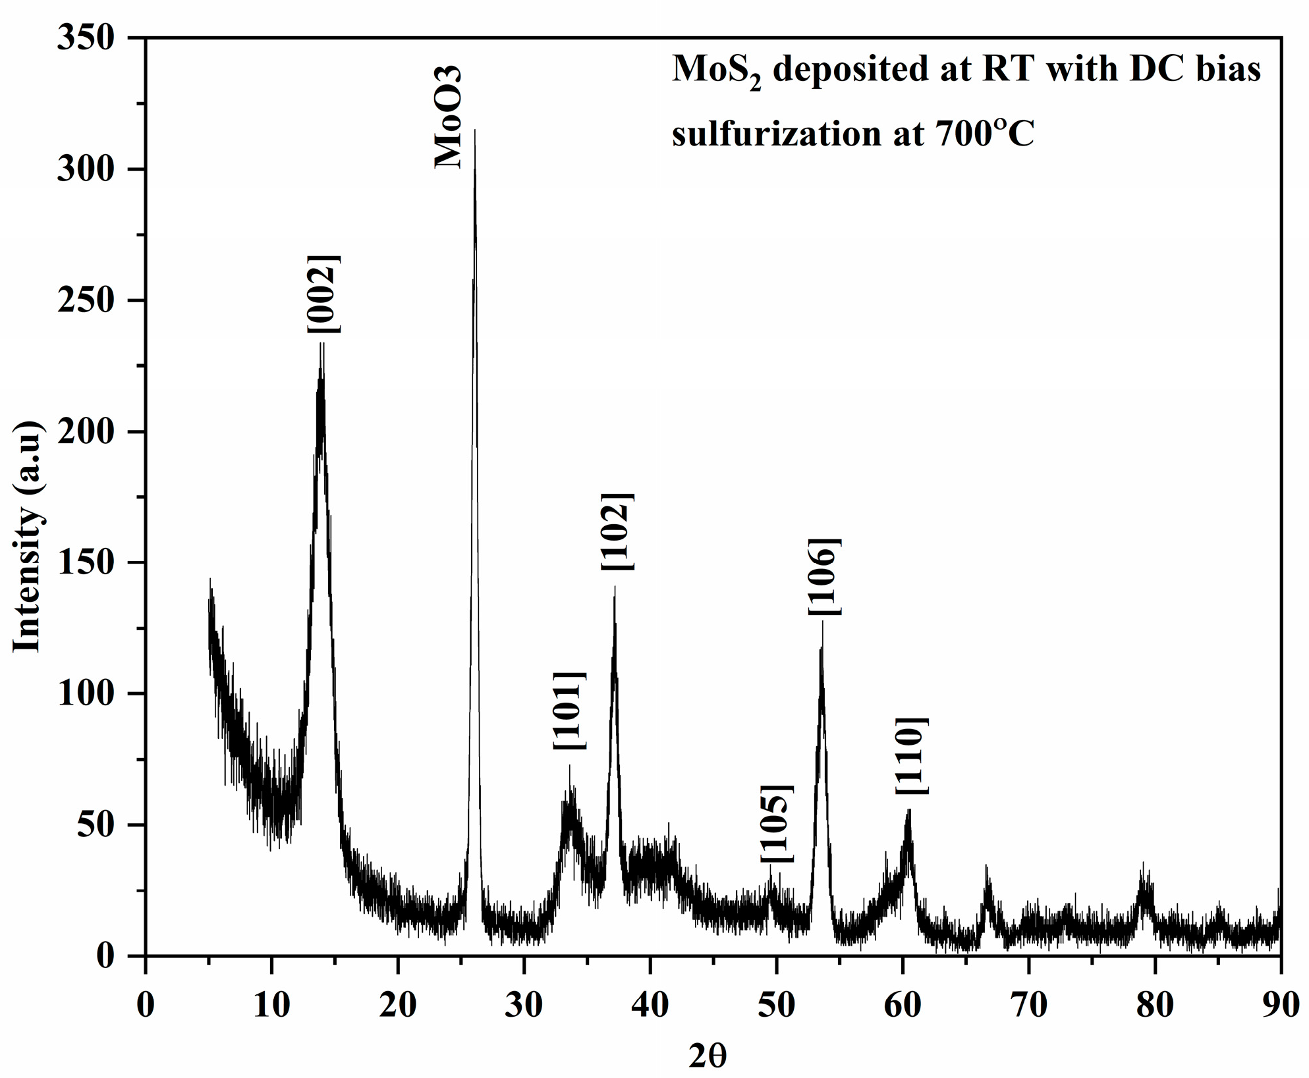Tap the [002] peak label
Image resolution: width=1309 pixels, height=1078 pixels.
click(x=323, y=294)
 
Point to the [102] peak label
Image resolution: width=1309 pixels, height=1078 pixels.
click(x=617, y=531)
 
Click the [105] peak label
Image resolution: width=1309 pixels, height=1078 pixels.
click(x=777, y=824)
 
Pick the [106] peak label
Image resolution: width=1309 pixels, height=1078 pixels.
click(x=825, y=577)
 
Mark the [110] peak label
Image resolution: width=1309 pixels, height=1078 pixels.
click(x=912, y=756)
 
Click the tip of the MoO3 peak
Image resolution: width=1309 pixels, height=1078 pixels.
click(x=475, y=131)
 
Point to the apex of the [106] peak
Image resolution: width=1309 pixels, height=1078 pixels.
click(x=822, y=623)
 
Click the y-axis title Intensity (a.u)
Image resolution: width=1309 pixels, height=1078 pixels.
click(x=28, y=537)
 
